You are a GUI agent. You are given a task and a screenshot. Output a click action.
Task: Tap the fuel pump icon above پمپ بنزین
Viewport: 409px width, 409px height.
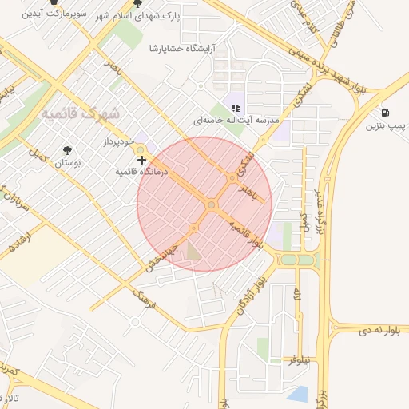click(x=386, y=113)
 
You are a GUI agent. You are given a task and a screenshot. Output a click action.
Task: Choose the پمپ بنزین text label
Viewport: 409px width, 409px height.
click(x=386, y=126)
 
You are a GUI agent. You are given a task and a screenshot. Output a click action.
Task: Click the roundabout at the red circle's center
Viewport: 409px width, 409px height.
click(x=211, y=205)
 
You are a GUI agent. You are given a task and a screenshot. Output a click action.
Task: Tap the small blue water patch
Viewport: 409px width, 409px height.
click(x=297, y=394)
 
